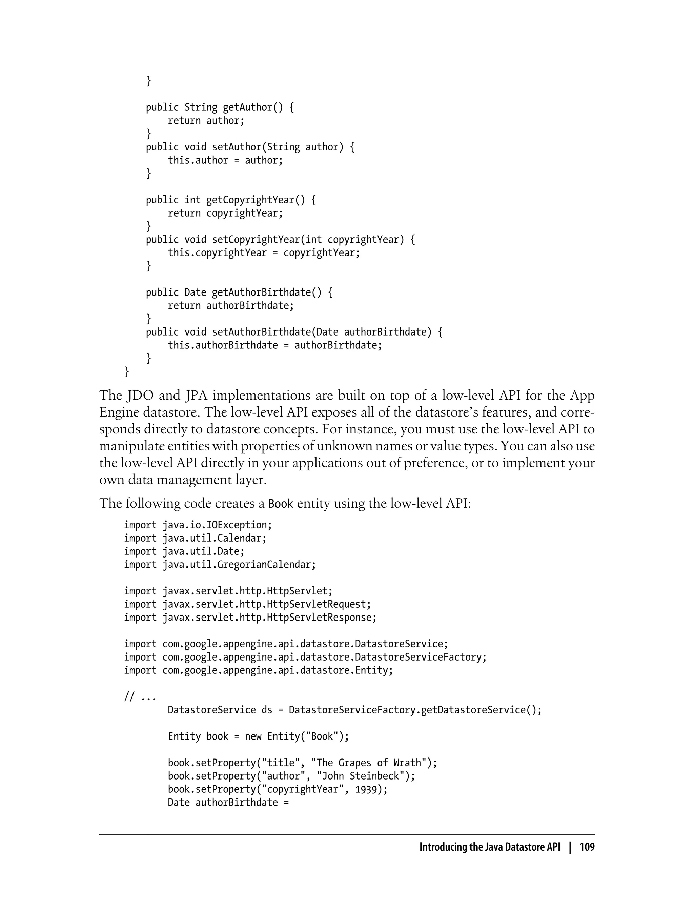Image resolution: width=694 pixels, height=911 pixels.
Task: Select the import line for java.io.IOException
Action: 198,525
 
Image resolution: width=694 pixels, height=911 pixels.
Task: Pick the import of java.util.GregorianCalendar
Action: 220,565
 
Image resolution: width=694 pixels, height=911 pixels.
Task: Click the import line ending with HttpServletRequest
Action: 247,604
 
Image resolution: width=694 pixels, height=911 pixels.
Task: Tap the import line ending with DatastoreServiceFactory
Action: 305,657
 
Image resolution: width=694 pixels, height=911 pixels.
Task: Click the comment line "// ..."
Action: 140,697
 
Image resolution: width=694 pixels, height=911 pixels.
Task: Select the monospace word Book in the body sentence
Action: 281,504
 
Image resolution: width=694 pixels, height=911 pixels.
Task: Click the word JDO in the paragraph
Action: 140,396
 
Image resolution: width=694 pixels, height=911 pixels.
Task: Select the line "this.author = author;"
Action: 225,160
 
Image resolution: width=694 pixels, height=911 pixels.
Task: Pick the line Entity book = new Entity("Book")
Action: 258,737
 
